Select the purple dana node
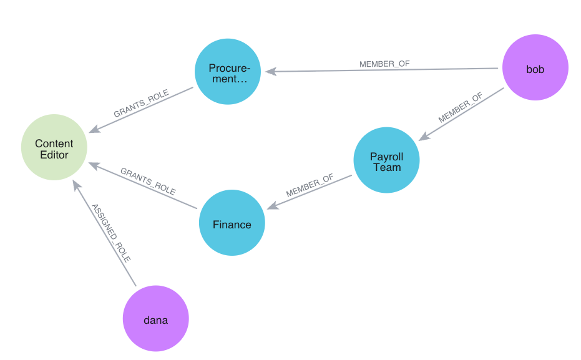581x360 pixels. click(x=155, y=319)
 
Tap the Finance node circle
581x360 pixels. click(x=232, y=223)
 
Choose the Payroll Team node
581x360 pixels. click(x=386, y=160)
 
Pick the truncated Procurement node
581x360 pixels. click(x=228, y=72)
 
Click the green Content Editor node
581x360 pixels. click(x=54, y=148)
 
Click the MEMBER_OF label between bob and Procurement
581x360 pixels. click(x=384, y=64)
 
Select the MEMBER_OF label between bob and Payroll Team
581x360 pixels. click(x=461, y=107)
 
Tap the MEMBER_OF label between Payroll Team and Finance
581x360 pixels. click(x=310, y=185)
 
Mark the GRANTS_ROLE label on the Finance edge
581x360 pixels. click(x=148, y=182)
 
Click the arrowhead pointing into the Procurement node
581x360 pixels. click(x=270, y=71)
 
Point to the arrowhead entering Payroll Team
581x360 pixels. click(x=422, y=137)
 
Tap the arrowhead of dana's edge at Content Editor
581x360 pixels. click(x=76, y=185)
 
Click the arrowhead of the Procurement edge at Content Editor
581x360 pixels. click(x=93, y=130)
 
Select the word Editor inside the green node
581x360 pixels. click(x=54, y=155)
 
